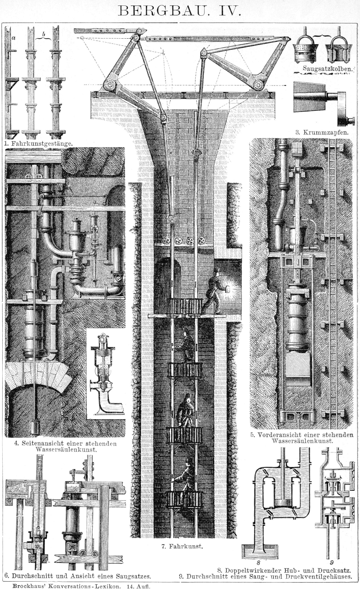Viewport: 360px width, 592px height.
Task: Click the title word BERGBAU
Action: pyautogui.click(x=160, y=10)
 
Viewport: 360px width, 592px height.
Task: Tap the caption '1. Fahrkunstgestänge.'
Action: pyautogui.click(x=39, y=144)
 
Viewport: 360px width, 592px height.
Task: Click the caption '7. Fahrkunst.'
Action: pyautogui.click(x=182, y=547)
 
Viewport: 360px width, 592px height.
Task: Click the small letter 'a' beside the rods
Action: pyautogui.click(x=13, y=38)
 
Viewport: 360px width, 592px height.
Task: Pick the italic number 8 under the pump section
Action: pyautogui.click(x=258, y=562)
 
